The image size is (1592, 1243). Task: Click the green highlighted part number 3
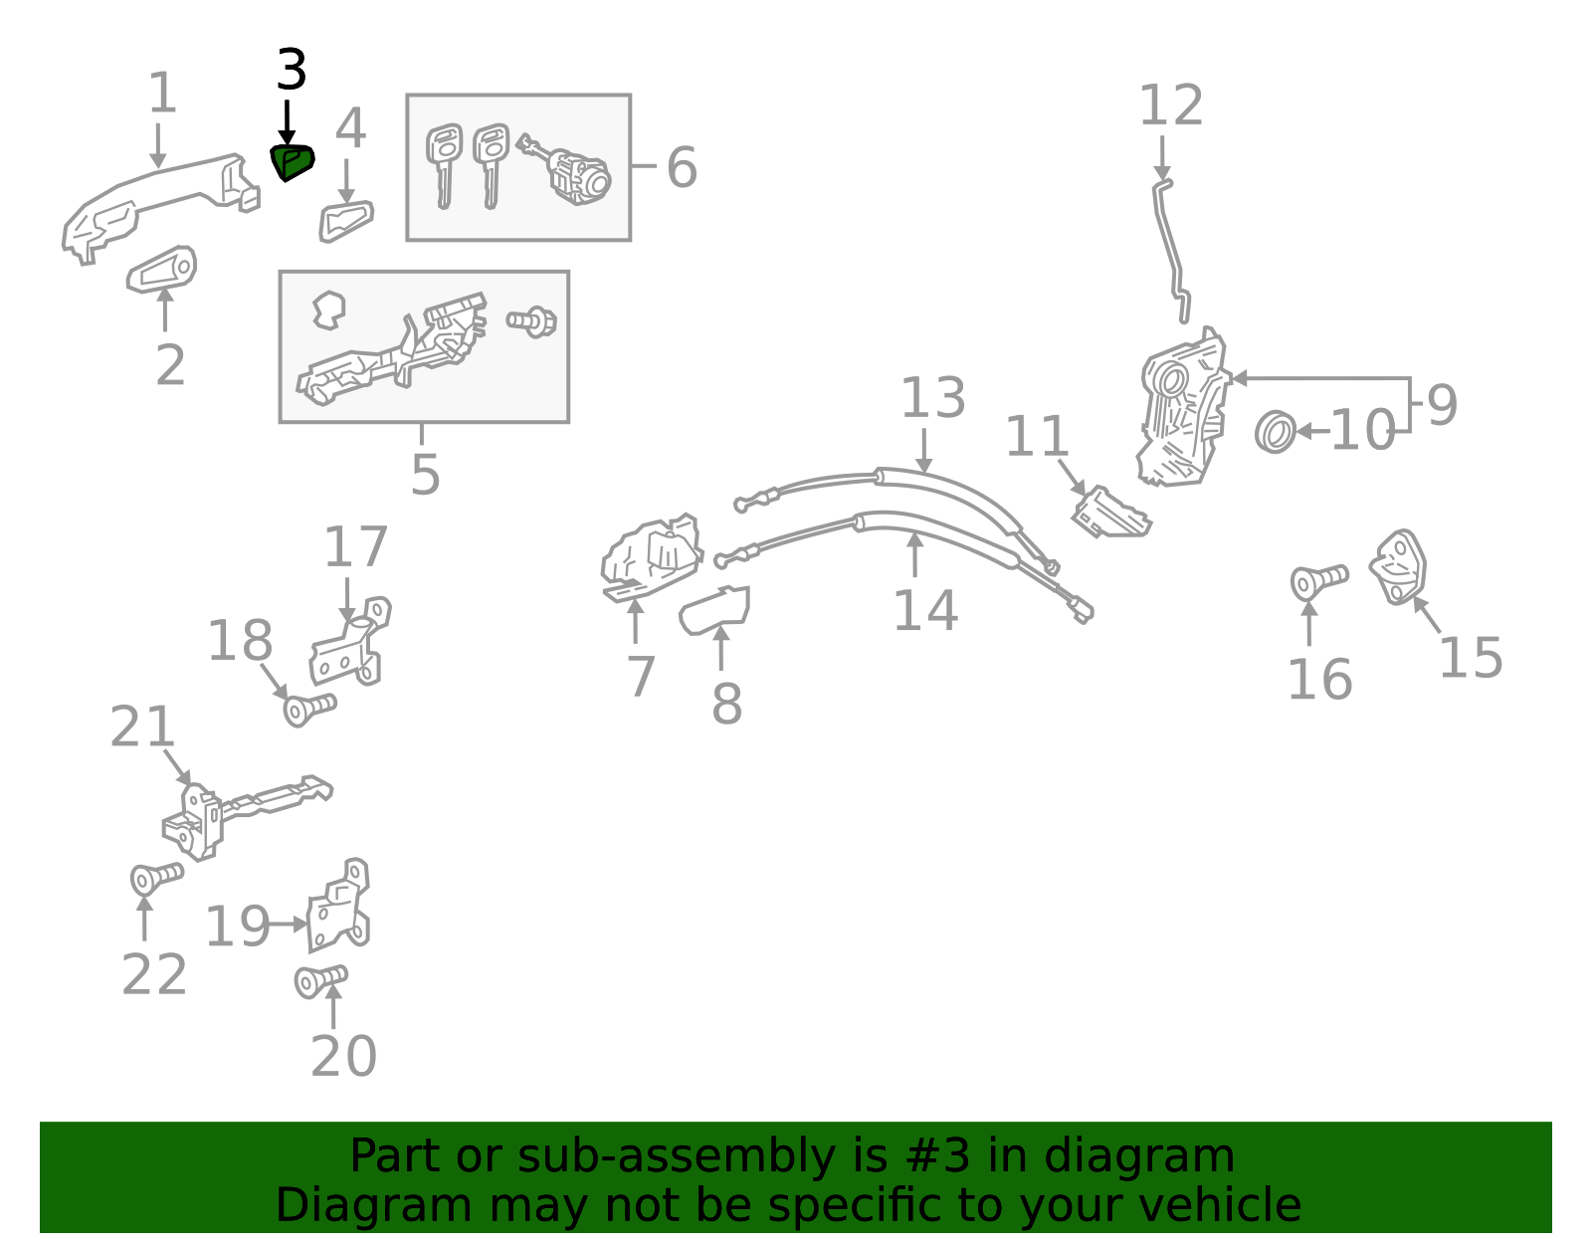click(x=292, y=162)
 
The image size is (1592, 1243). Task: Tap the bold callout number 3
click(x=291, y=72)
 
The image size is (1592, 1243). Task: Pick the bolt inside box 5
click(x=532, y=321)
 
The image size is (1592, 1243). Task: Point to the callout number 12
click(x=1170, y=106)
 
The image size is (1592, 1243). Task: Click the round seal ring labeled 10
click(x=1276, y=433)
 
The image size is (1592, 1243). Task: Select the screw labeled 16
click(x=1317, y=580)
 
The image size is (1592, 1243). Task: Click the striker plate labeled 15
click(x=1399, y=567)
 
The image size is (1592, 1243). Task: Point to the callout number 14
click(x=924, y=611)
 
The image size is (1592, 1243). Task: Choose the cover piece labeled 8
click(x=714, y=609)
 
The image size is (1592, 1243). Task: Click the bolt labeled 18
click(x=308, y=710)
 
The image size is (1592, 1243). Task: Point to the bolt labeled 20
click(x=320, y=981)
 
